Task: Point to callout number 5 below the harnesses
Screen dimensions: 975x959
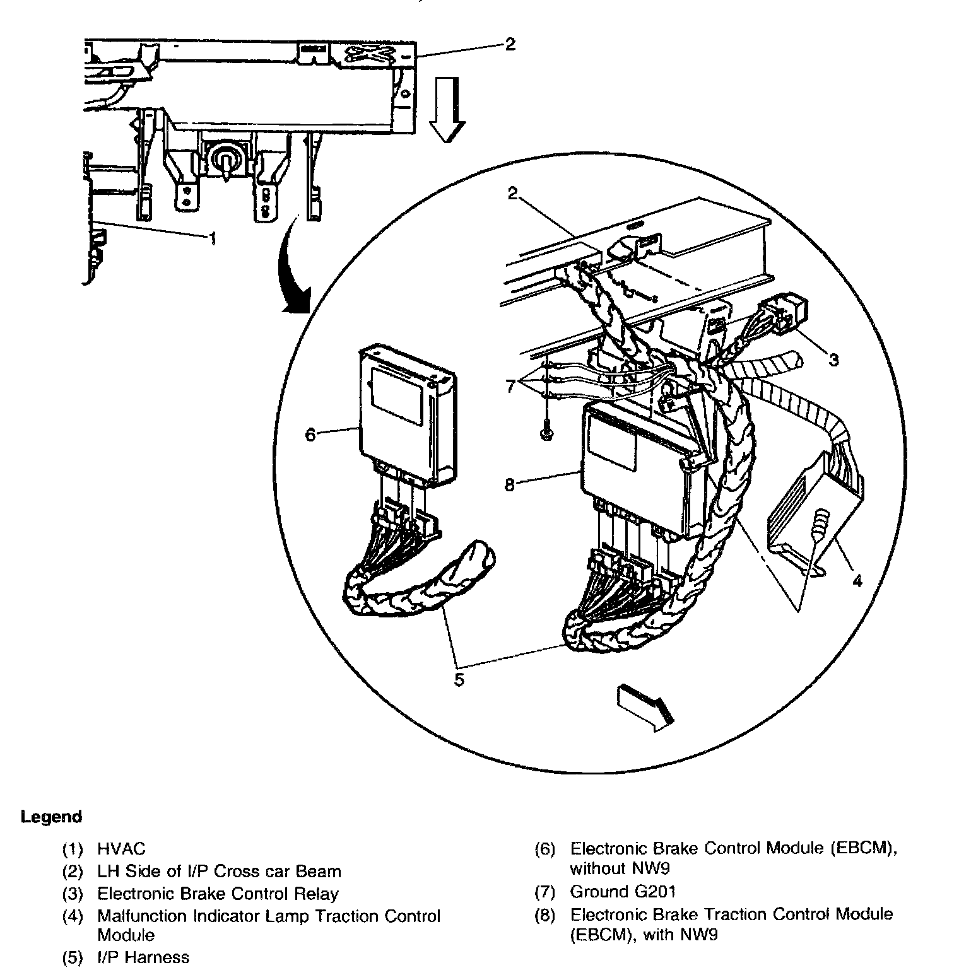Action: [459, 679]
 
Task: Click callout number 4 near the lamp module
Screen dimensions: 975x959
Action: [856, 581]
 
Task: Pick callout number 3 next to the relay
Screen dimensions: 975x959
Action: [833, 359]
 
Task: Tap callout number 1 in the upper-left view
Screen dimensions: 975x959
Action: [213, 238]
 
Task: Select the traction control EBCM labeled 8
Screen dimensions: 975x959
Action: [637, 467]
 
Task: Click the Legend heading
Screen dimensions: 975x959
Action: [52, 817]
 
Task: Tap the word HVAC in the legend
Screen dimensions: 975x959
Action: [121, 849]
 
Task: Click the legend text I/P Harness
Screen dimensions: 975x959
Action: [143, 957]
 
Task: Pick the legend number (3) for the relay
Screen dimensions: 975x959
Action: [73, 894]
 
